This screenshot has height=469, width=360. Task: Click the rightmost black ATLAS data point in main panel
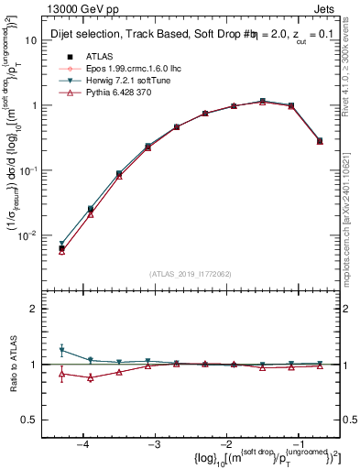point(319,141)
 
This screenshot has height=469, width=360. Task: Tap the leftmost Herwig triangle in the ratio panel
point(61,350)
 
